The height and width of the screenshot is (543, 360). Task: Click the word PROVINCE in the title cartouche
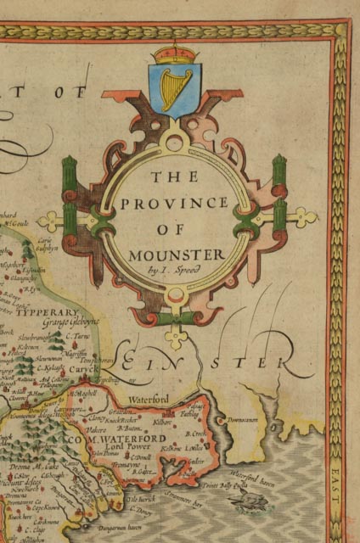pos(174,204)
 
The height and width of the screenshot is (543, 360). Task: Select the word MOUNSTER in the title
pos(177,254)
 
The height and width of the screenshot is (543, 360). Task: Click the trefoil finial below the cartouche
pos(176,336)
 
